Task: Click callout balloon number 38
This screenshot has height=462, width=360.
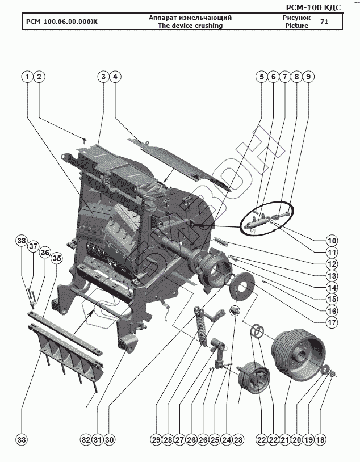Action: [22, 241]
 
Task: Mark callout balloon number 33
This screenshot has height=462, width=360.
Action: [22, 440]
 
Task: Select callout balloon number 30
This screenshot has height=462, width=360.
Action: [110, 440]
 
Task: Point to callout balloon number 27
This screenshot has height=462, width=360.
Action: [180, 440]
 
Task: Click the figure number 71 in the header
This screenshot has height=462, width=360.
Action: [324, 22]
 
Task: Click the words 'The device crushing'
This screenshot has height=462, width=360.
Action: [190, 26]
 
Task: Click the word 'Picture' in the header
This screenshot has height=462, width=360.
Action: [296, 26]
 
